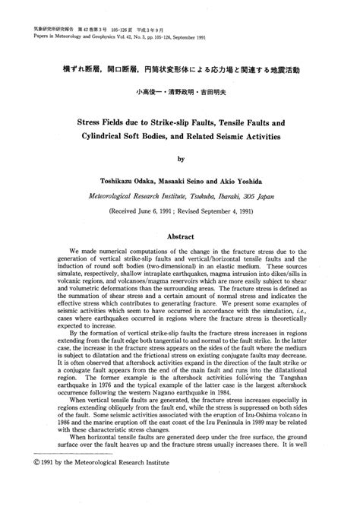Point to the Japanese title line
(180, 70)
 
